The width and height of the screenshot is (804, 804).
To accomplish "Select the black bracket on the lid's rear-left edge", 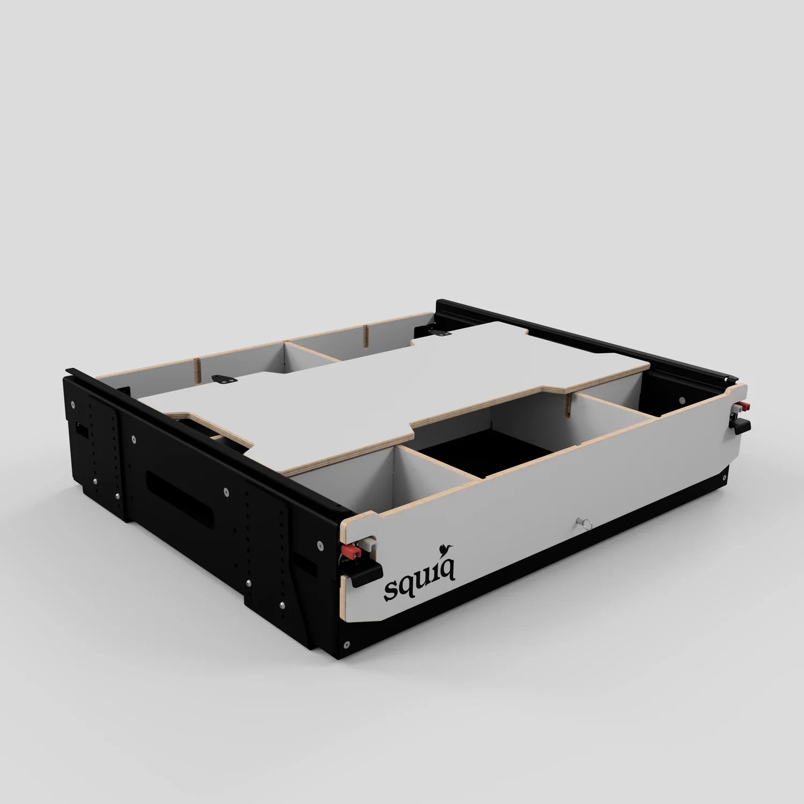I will (225, 378).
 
